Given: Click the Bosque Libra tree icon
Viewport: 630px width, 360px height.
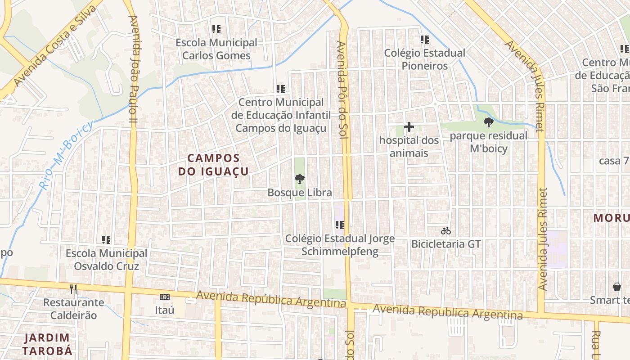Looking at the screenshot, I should click(x=299, y=179).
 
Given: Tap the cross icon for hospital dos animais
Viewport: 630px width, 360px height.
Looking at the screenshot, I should click(x=409, y=127).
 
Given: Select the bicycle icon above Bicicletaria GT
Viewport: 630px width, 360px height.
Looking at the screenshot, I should click(x=446, y=231).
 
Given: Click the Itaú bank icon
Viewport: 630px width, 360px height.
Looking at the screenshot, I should click(x=165, y=297).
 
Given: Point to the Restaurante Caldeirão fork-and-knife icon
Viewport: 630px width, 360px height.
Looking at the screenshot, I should click(x=73, y=289).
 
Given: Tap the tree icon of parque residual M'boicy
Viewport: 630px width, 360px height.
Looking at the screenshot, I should click(x=488, y=122).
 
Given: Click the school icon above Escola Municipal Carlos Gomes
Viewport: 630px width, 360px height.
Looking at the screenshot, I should click(x=216, y=30).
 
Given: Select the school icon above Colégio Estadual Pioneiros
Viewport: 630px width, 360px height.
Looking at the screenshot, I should click(x=424, y=40).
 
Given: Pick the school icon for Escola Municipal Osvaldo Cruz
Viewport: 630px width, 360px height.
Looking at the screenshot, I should click(x=106, y=240).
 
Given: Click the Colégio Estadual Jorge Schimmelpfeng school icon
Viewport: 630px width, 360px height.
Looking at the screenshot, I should click(x=339, y=225).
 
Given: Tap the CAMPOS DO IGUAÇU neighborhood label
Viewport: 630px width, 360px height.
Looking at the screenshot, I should click(x=213, y=165).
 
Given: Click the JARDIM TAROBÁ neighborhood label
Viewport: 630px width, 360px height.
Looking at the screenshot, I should click(x=47, y=344).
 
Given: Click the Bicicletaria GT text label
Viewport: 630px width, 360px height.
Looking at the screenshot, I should click(x=446, y=244).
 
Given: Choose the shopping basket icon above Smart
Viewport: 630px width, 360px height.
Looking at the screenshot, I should click(x=616, y=287).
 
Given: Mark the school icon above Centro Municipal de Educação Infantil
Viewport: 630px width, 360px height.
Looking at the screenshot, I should click(x=281, y=89).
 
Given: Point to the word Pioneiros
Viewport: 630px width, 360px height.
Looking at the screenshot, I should click(x=424, y=66).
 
